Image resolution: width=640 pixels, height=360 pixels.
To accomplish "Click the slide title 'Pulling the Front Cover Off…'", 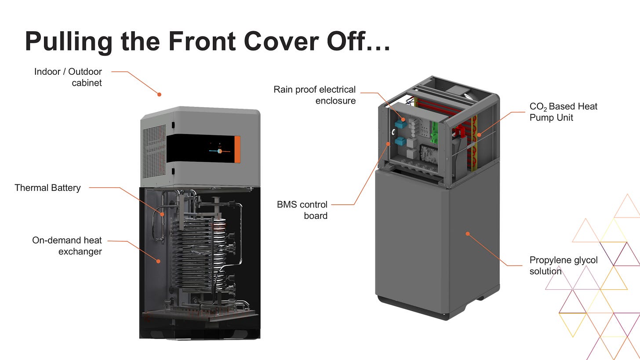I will (x=207, y=41).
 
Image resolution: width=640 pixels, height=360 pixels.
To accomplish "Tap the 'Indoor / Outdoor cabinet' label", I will (x=68, y=77).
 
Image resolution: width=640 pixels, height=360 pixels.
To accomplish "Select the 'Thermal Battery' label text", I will (x=47, y=188).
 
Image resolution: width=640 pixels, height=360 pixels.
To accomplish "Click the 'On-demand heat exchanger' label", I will (x=67, y=246).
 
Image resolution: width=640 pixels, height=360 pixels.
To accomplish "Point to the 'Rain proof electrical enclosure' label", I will (x=314, y=95).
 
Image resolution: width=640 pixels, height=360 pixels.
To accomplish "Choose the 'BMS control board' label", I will (x=302, y=210).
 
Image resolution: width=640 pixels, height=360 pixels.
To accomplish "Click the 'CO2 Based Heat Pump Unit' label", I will (x=563, y=112).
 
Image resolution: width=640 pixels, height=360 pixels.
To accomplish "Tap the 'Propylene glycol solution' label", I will (x=563, y=265).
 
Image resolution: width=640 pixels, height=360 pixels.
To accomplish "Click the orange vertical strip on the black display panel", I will (x=237, y=149).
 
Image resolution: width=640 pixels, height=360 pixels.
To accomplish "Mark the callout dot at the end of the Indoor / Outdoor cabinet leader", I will (x=160, y=95).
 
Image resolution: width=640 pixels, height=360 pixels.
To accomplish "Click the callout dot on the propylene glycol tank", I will (x=468, y=234).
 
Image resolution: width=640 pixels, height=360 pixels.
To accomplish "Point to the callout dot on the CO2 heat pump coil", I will (x=479, y=135).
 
